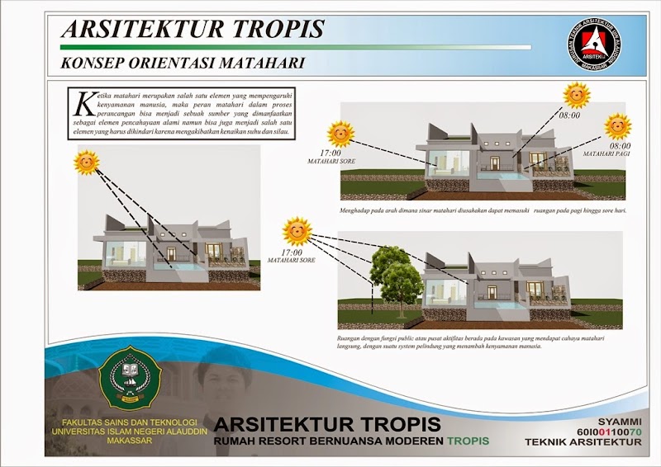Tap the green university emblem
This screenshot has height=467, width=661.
coord(128,380)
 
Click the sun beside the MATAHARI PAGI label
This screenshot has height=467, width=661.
coord(617,126)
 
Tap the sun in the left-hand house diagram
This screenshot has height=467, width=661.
coord(87,162)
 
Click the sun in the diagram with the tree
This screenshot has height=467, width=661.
coord(296,231)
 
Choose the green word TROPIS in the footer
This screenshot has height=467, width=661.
coord(468,441)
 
